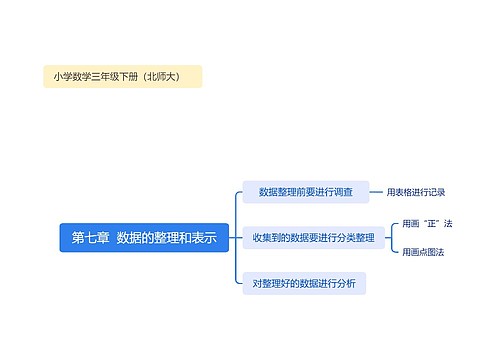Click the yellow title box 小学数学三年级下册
click(x=122, y=77)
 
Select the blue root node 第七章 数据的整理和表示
click(x=144, y=238)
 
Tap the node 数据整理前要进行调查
click(x=305, y=192)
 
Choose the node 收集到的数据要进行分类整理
click(x=313, y=238)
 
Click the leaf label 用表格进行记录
click(x=416, y=192)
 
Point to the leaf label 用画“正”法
click(x=427, y=224)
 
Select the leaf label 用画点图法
click(x=423, y=252)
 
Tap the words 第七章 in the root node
click(x=90, y=238)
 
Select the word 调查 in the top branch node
click(x=341, y=192)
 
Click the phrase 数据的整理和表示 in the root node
click(x=166, y=238)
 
